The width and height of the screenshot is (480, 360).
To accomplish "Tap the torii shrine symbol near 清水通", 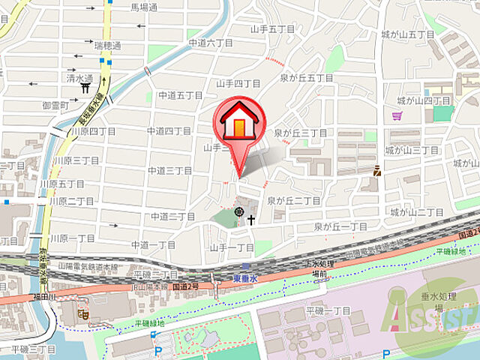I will pyautogui.click(x=86, y=88).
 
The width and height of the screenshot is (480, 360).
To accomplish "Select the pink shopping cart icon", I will pyautogui.click(x=397, y=115).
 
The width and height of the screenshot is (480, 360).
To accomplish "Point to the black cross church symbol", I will pyautogui.click(x=251, y=220).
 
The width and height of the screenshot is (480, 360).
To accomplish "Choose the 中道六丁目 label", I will pyautogui.click(x=207, y=43).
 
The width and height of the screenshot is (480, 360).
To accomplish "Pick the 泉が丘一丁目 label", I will pyautogui.click(x=340, y=226).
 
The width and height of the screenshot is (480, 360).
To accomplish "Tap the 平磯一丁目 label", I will pyautogui.click(x=328, y=310).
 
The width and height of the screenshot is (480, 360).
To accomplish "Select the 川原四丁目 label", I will pyautogui.click(x=94, y=131).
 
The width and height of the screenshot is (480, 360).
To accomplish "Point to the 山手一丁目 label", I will pyautogui.click(x=232, y=247).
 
